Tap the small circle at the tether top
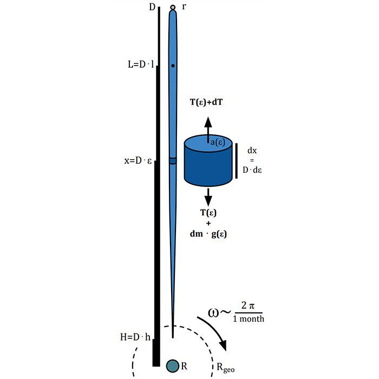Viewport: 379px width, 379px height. point(173,8)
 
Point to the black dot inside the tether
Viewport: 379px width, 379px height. point(173,66)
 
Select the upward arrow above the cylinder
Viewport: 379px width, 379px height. point(208,126)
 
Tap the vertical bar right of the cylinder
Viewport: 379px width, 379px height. point(236,160)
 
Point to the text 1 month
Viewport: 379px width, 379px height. point(249,319)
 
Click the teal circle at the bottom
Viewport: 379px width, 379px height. point(173,366)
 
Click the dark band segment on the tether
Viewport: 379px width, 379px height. point(173,161)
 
